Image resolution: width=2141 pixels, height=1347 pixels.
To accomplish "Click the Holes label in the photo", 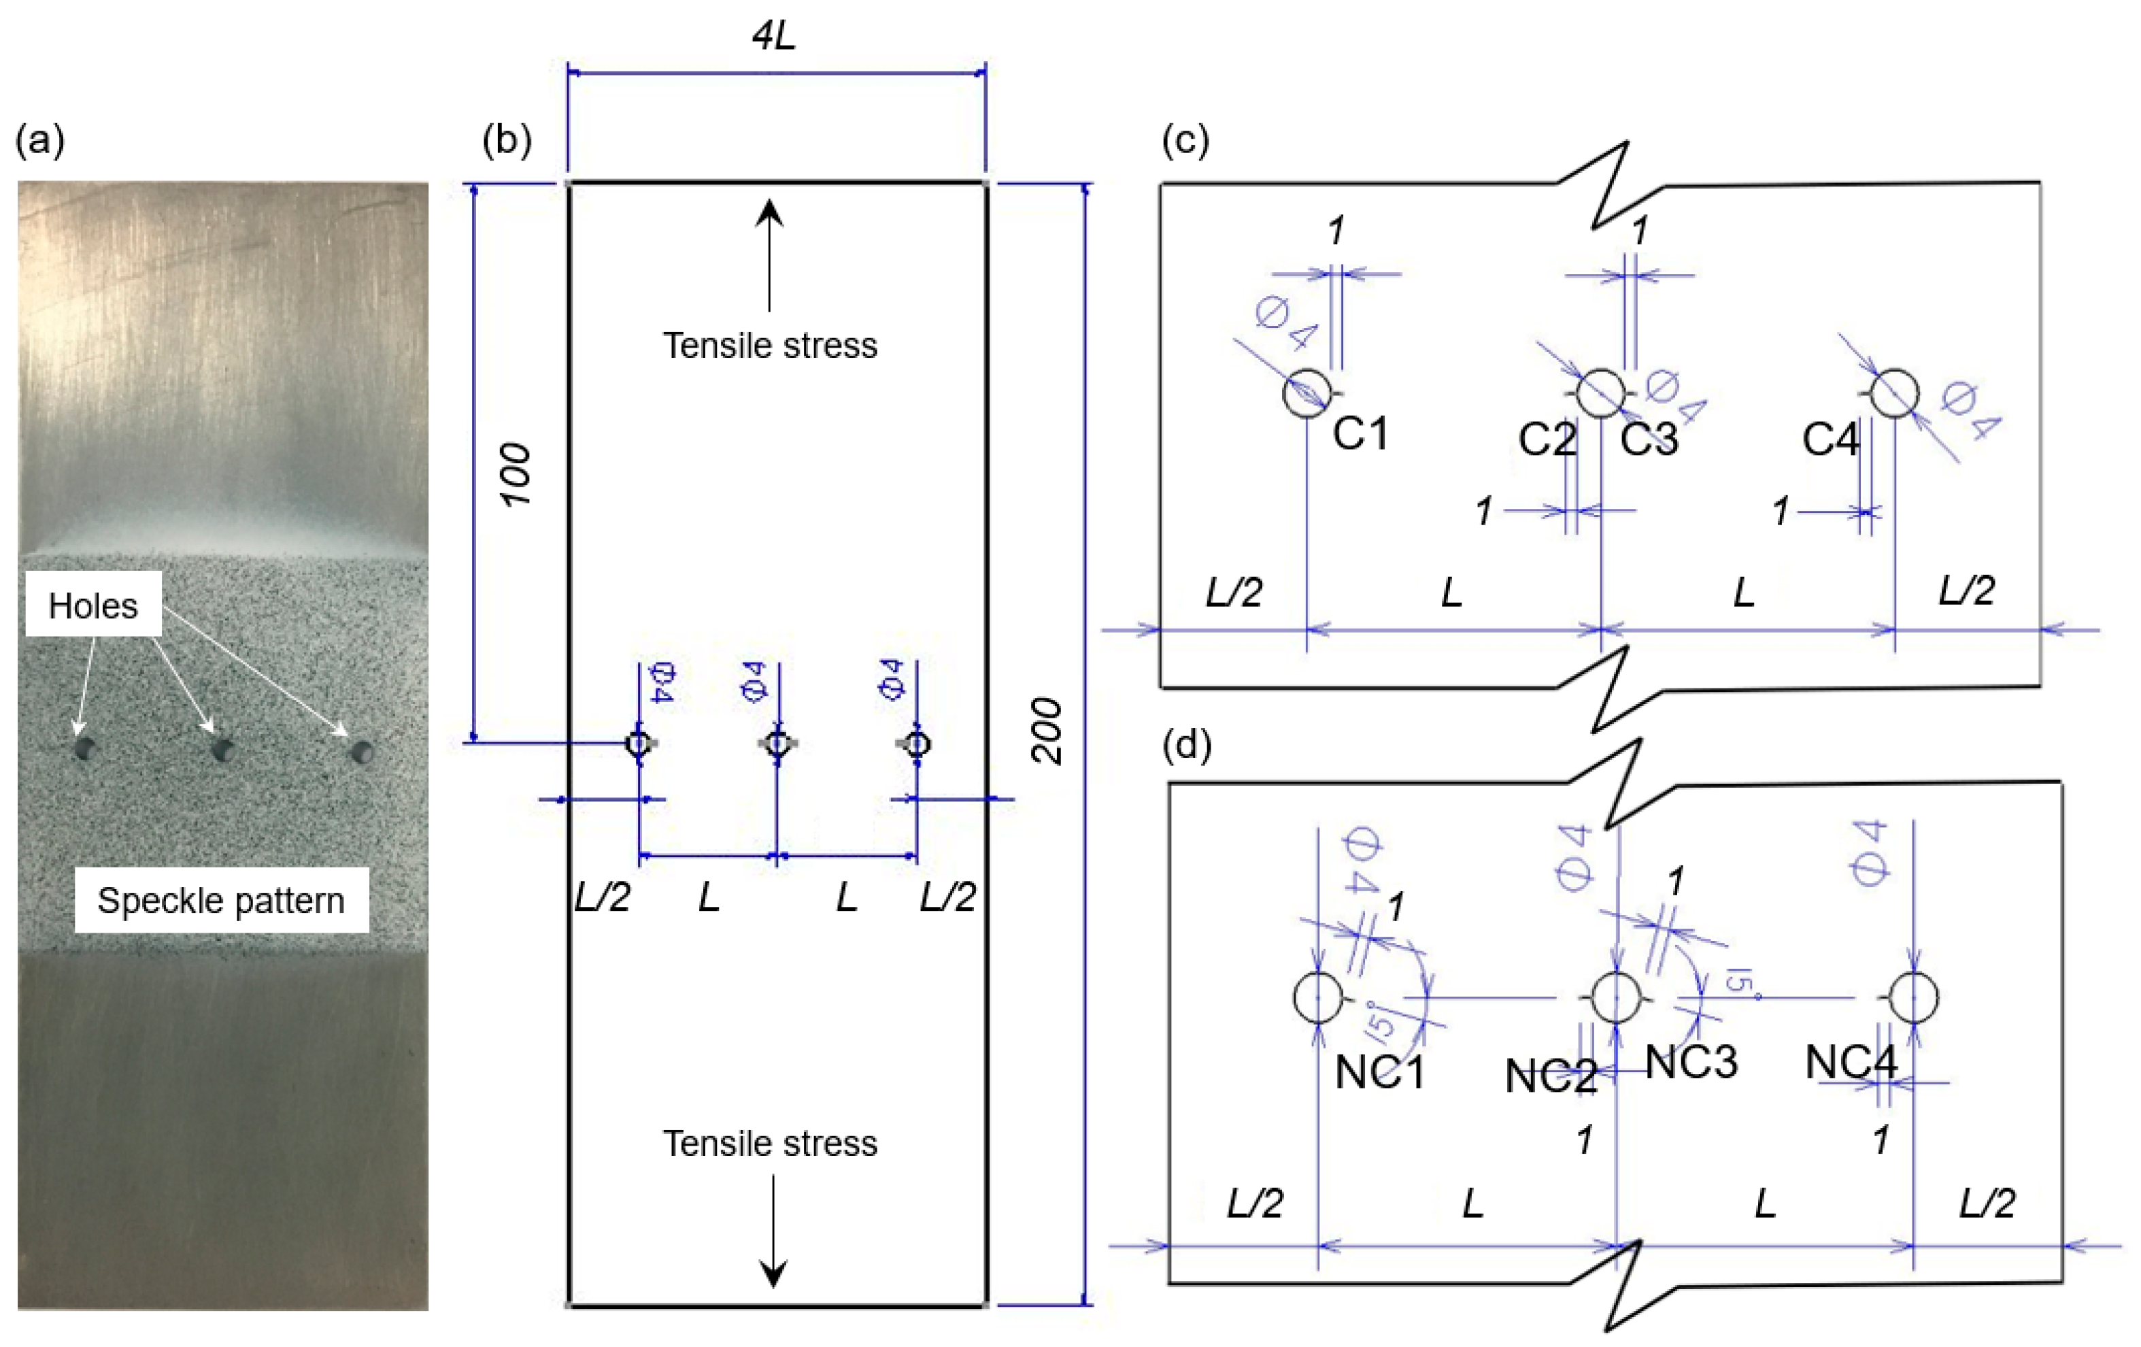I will tap(92, 605).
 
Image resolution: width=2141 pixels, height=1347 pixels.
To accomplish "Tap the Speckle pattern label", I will tap(220, 900).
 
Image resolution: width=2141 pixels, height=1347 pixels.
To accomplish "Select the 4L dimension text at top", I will tap(773, 35).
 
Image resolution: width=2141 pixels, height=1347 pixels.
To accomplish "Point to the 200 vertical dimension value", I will tap(1047, 730).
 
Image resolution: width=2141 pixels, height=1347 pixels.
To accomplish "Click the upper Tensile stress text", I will tap(770, 345).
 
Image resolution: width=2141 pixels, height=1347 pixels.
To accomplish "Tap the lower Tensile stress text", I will tap(770, 1142).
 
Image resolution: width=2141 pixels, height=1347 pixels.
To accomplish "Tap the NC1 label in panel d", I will tap(1380, 1071).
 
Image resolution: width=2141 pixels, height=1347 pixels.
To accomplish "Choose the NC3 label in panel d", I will tap(1691, 1061).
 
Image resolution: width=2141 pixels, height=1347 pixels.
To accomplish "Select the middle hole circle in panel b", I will tap(778, 742).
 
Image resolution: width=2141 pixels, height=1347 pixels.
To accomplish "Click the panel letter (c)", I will tap(1185, 140).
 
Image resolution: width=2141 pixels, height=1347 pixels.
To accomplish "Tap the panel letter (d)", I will tap(1187, 744).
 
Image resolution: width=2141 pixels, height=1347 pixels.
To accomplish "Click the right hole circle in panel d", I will tap(1913, 997).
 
